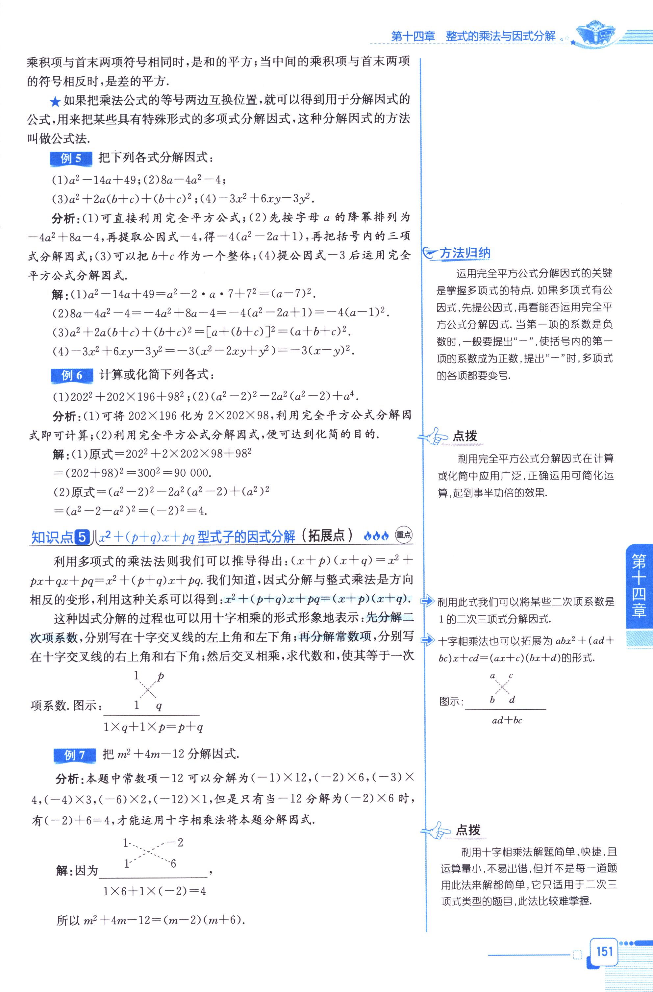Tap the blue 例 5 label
pos(71,159)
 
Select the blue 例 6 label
pos(72,376)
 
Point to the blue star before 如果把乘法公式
pos(55,101)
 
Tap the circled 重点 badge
pos(403,535)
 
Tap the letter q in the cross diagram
pos(159,705)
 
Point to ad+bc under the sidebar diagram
pos(507,720)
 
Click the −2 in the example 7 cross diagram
pos(175,842)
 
